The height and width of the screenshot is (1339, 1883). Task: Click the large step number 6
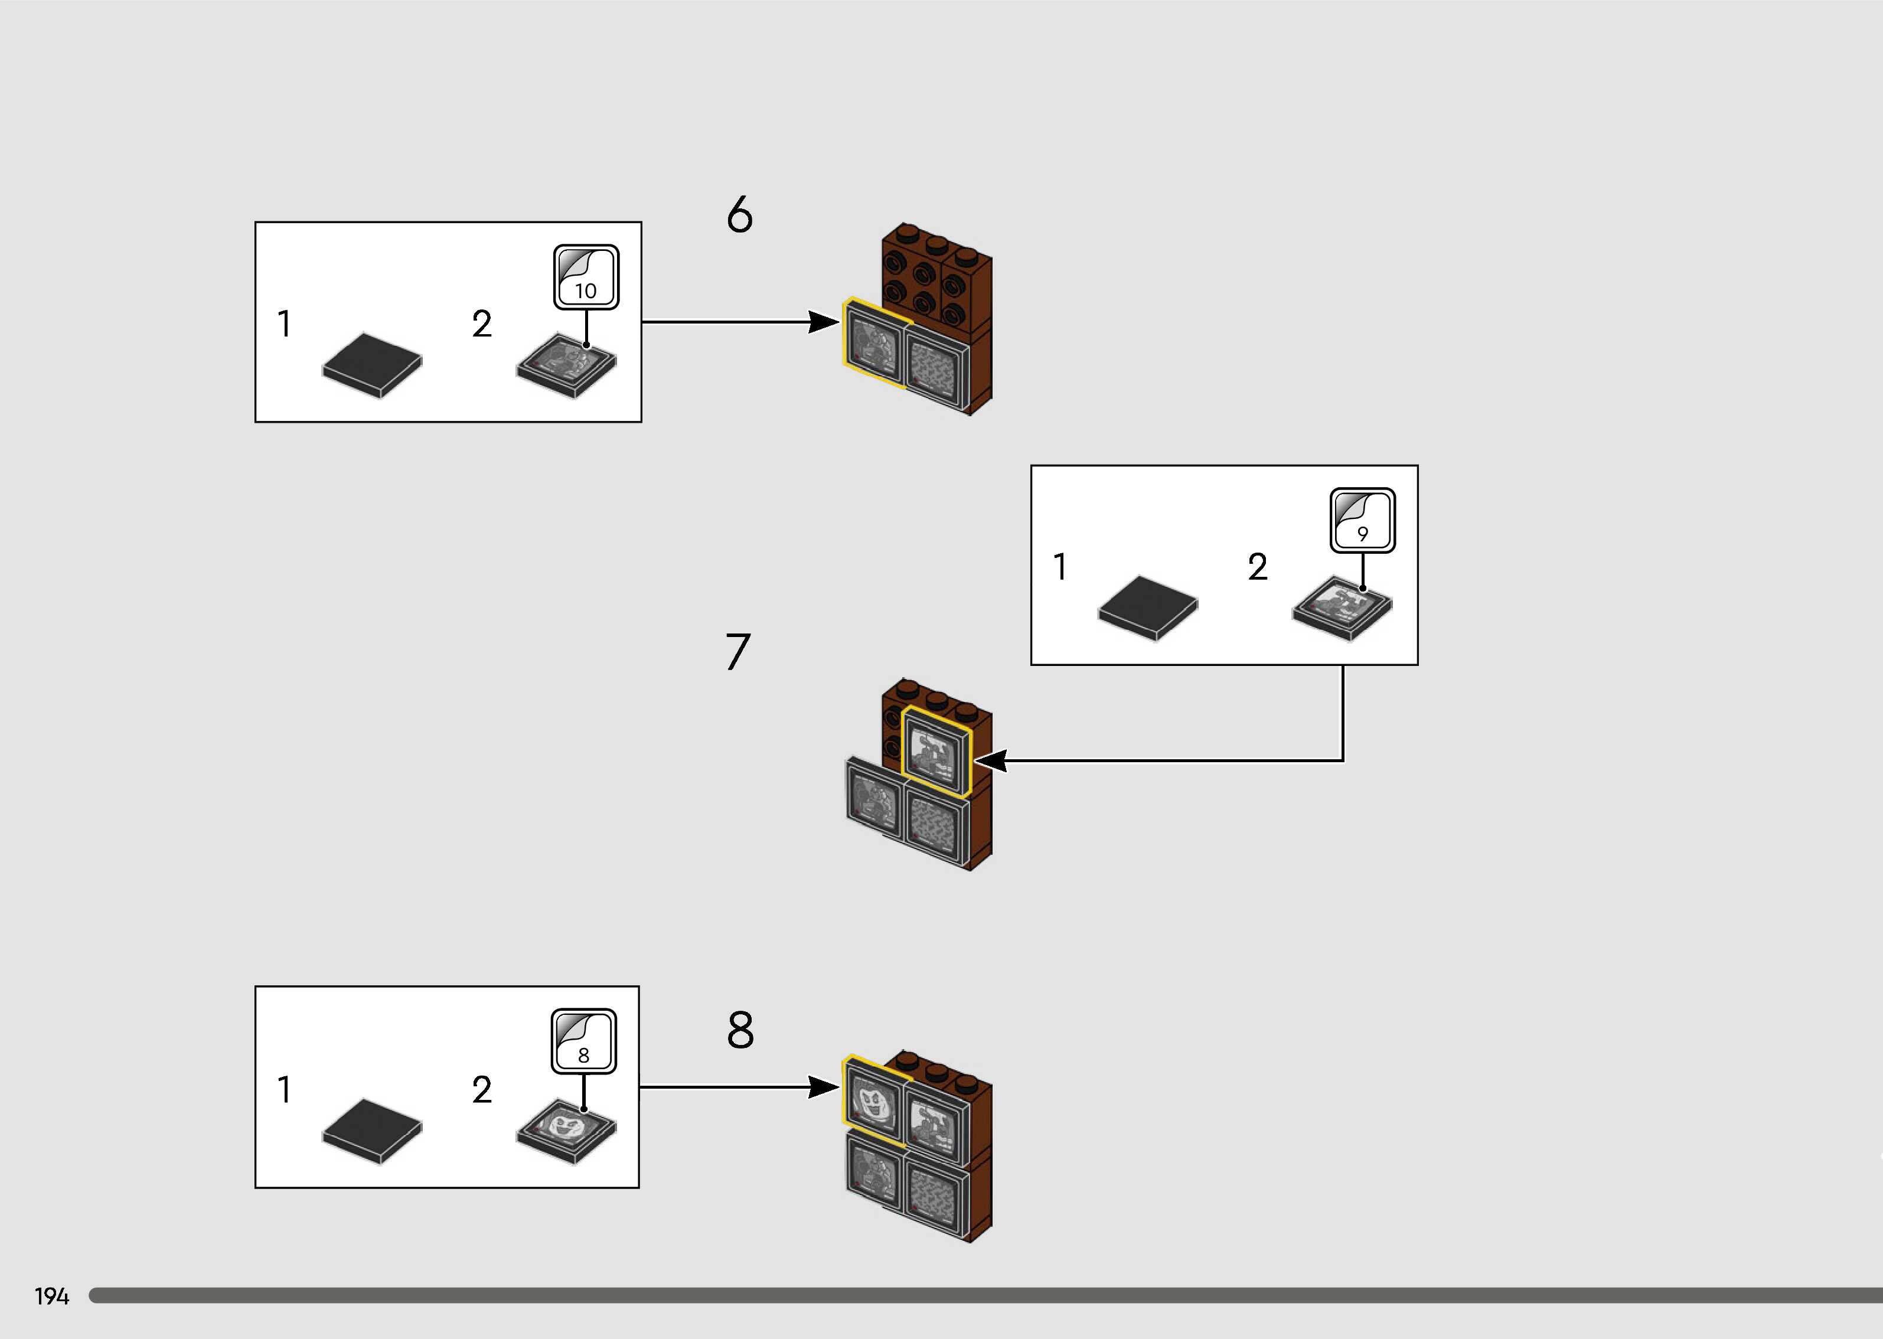click(x=739, y=214)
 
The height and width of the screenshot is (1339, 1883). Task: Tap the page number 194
click(x=51, y=1296)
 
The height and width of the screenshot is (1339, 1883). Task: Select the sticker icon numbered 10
click(x=585, y=277)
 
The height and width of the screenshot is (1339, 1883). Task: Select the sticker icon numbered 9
click(x=1362, y=520)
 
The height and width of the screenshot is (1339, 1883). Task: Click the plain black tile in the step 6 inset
click(x=372, y=364)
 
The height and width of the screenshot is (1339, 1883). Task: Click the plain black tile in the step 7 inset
click(x=1148, y=608)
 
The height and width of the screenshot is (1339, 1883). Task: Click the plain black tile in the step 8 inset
click(x=372, y=1129)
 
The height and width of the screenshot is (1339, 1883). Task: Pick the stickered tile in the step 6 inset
click(x=566, y=364)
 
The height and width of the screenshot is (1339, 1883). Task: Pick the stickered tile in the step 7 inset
click(x=1342, y=608)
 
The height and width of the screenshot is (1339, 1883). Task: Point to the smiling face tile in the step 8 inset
click(x=566, y=1129)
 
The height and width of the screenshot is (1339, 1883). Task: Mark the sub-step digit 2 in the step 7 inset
click(x=1257, y=566)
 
